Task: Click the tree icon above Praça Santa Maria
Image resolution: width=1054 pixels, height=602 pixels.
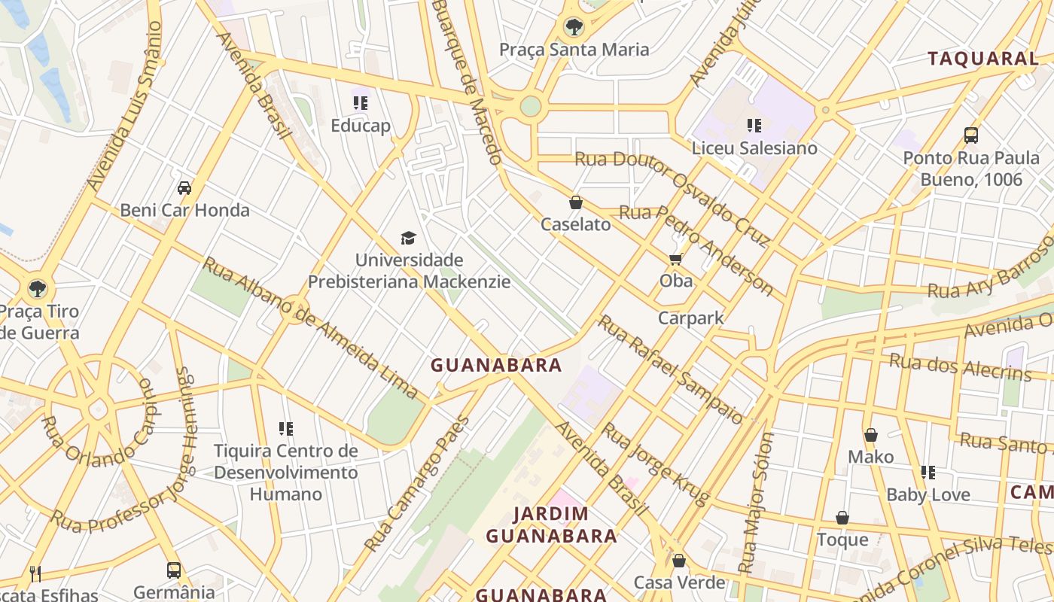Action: (x=574, y=28)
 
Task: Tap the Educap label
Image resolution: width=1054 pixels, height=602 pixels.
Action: (x=361, y=126)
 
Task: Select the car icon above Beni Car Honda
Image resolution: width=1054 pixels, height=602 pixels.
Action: (x=184, y=188)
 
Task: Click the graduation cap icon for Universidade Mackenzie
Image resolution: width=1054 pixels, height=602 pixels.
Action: (x=408, y=239)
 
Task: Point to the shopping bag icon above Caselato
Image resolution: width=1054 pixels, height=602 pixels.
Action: (x=576, y=202)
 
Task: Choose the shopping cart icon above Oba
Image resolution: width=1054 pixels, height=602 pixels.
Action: (x=675, y=260)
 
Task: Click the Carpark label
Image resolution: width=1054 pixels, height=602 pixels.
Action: (x=690, y=318)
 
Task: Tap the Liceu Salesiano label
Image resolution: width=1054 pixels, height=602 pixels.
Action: (x=754, y=148)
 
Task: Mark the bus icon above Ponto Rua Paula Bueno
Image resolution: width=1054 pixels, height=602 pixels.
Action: (x=971, y=135)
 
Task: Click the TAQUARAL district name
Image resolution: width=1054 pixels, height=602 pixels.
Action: (x=982, y=59)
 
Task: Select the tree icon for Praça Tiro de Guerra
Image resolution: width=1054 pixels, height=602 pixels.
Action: (x=37, y=288)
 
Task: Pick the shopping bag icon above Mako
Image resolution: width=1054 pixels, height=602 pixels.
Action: (x=871, y=435)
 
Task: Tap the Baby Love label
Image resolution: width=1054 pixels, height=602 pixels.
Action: (x=928, y=495)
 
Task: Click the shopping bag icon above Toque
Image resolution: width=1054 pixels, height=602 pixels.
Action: (x=842, y=518)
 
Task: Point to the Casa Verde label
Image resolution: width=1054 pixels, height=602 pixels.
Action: (x=679, y=582)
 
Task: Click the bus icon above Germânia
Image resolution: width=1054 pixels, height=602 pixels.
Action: (x=174, y=570)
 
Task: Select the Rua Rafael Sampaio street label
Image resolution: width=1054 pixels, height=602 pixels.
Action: (x=670, y=369)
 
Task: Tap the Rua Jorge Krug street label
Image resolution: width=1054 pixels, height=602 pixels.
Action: (x=655, y=464)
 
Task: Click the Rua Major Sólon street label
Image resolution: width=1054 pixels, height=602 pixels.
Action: (x=757, y=502)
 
